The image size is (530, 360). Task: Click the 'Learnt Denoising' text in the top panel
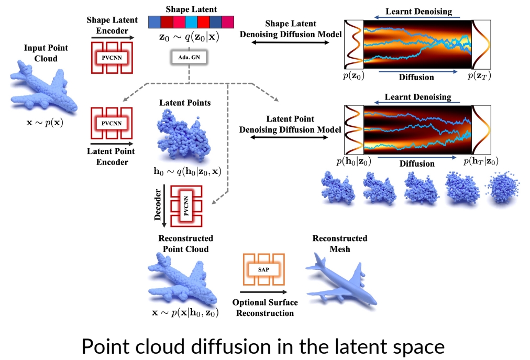tap(418, 11)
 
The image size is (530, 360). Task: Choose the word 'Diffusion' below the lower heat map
tap(417, 163)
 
